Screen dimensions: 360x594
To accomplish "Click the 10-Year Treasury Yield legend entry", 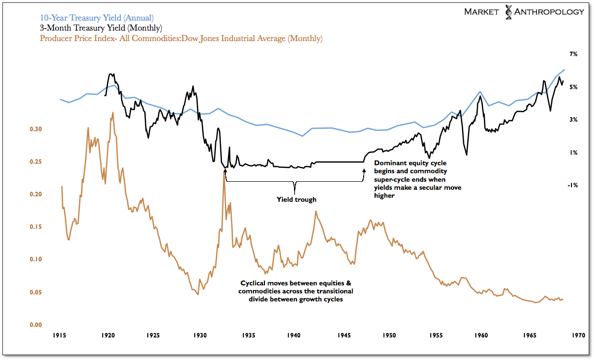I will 97,18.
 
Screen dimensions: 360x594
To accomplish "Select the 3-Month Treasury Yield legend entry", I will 101,28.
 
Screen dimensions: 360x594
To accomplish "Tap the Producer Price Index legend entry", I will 181,38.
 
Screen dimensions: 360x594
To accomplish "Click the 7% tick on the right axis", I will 573,54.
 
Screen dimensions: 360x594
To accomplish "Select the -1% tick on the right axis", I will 572,185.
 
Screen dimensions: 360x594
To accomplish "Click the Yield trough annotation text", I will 296,199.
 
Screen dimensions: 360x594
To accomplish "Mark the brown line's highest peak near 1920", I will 113,113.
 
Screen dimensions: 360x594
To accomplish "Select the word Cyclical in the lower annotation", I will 254,283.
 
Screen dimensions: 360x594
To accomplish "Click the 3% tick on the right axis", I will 573,120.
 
